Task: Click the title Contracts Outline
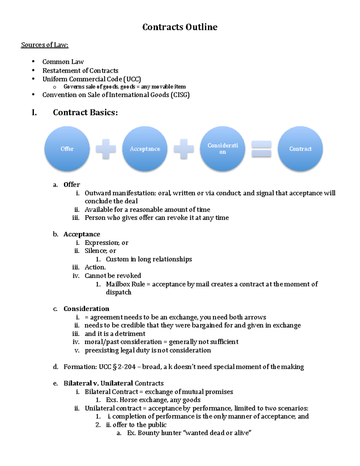180,27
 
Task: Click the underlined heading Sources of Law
45,45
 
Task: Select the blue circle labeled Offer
67,149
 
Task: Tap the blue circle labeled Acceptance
145,149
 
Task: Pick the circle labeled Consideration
223,149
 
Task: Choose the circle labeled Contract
300,149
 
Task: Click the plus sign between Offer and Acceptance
106,149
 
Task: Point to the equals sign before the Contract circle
261,149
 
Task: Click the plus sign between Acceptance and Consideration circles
184,149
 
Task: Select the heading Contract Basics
85,113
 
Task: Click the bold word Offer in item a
72,185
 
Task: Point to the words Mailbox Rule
125,284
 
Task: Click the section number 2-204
127,367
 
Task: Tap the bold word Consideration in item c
86,309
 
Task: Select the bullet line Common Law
63,62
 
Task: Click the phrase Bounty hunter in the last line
159,433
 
